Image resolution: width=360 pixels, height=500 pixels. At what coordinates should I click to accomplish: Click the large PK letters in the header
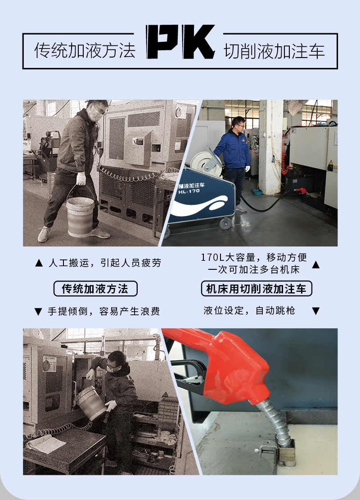click(x=180, y=42)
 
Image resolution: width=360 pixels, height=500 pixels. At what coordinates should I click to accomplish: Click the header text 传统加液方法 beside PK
click(x=85, y=50)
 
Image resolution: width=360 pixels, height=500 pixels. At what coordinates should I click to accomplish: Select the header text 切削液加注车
click(x=274, y=51)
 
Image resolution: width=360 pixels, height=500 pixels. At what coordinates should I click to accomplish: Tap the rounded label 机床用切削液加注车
click(x=256, y=289)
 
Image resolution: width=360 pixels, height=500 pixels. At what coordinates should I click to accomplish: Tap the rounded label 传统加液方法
click(x=95, y=289)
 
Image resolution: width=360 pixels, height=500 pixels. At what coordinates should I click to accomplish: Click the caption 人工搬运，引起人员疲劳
click(x=105, y=263)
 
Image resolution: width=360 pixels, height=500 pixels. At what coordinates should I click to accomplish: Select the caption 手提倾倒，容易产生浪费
click(x=103, y=311)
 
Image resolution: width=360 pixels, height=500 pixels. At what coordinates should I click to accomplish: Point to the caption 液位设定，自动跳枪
click(x=249, y=310)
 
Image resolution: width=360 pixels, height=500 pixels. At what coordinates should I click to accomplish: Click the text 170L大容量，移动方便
click(x=254, y=257)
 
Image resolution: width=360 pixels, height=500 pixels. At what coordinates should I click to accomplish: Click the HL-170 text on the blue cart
click(x=189, y=192)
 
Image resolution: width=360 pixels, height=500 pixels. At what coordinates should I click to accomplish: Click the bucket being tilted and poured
click(x=91, y=403)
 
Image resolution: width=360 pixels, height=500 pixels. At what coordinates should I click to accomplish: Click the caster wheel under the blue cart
click(x=225, y=223)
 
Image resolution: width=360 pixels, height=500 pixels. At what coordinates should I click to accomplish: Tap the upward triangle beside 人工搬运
click(x=39, y=263)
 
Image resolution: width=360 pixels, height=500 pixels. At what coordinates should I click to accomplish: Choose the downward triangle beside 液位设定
click(x=315, y=311)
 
